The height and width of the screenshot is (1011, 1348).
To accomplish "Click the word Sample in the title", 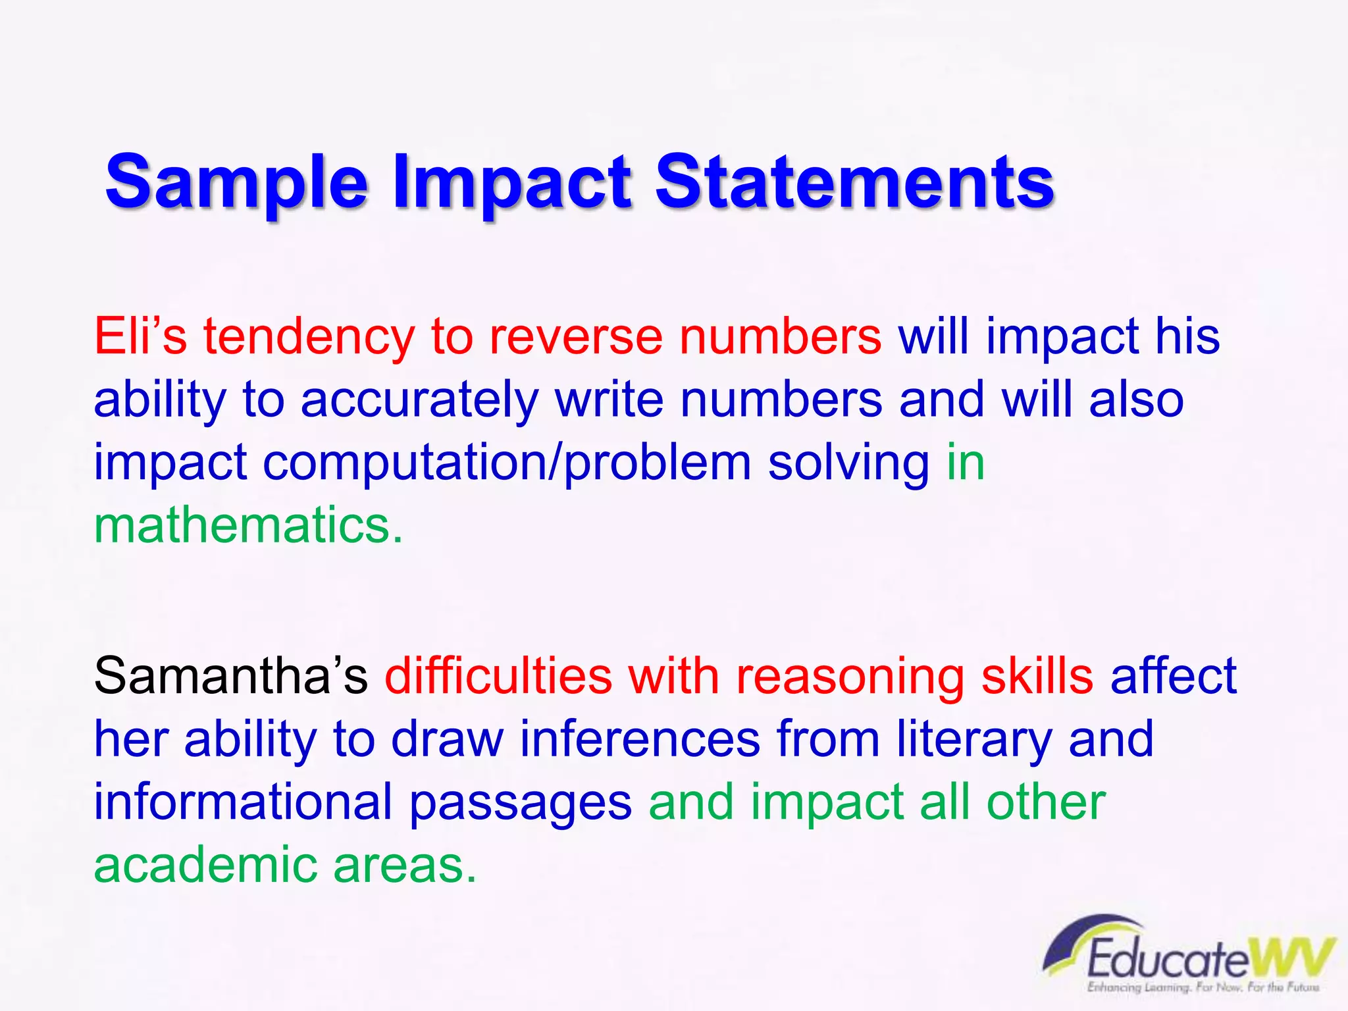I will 237,181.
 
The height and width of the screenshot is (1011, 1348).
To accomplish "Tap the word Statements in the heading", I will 854,181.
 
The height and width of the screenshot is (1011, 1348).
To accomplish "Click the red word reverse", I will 576,336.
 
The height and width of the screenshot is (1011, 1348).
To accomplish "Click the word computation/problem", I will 507,463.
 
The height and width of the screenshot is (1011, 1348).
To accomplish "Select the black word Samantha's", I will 231,677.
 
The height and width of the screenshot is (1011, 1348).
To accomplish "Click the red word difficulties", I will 498,677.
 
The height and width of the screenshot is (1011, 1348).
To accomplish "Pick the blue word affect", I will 1174,677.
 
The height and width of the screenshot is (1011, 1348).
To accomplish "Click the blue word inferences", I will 640,739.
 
